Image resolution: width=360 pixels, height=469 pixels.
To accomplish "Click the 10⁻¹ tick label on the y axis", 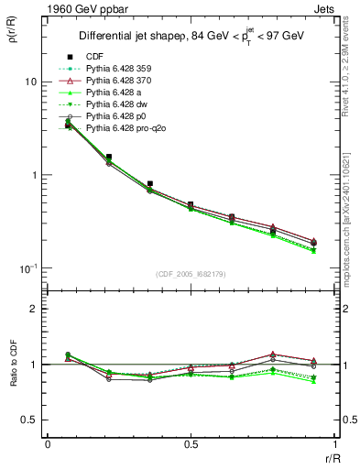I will click(x=29, y=268).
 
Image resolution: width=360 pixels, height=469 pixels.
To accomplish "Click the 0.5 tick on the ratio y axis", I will click(x=33, y=420).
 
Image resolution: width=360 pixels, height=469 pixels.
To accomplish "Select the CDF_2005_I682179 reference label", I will click(x=191, y=274).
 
